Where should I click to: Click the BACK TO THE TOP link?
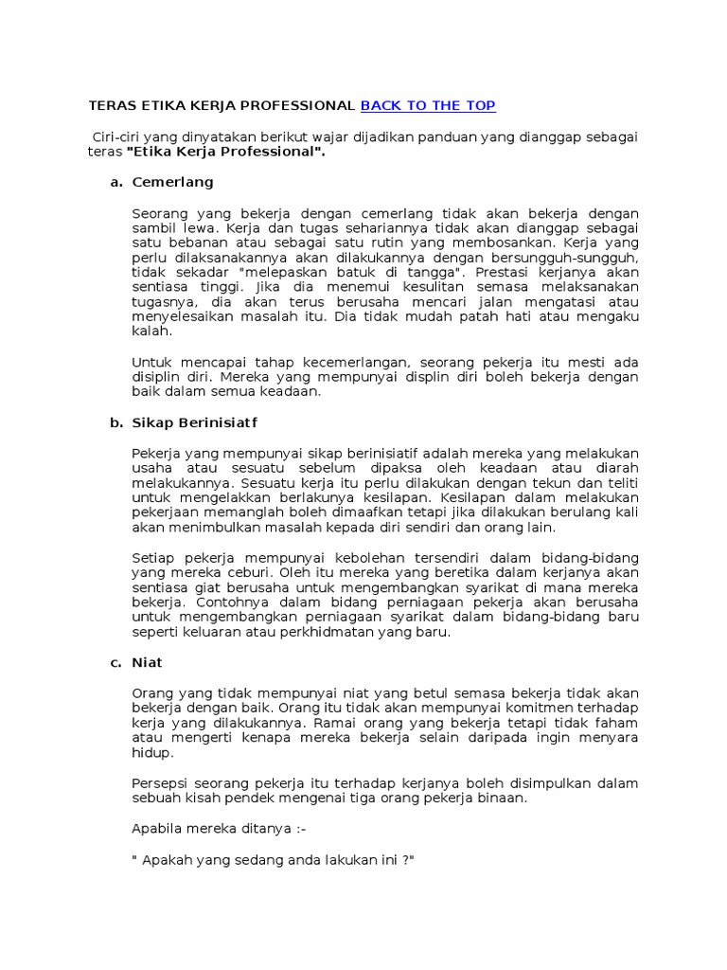point(428,105)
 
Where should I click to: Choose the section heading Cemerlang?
point(173,182)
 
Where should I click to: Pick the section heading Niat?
point(148,663)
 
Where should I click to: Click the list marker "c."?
point(117,663)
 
